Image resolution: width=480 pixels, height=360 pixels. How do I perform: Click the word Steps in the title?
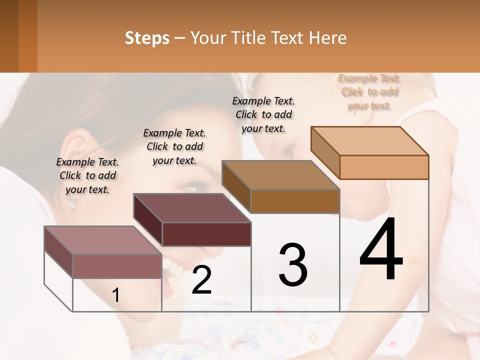click(147, 38)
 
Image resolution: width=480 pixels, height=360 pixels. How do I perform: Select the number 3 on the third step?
click(293, 264)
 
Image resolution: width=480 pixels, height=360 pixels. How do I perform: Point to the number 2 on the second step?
click(202, 280)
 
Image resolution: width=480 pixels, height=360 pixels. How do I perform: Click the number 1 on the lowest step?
click(116, 295)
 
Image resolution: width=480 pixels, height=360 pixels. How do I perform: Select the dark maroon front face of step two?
click(206, 234)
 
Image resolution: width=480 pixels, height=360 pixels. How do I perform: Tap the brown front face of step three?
click(295, 201)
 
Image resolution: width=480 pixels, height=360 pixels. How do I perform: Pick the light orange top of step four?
click(370, 140)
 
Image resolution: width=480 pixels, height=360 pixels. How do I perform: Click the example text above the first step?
click(87, 175)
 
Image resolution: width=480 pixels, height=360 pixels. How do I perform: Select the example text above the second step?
click(174, 146)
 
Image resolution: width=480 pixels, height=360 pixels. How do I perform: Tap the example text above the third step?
click(263, 114)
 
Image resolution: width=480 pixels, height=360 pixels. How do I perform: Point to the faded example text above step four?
click(369, 91)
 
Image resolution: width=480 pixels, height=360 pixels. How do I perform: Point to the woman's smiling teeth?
click(173, 270)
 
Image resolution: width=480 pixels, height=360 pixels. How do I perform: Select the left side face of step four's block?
click(325, 150)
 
